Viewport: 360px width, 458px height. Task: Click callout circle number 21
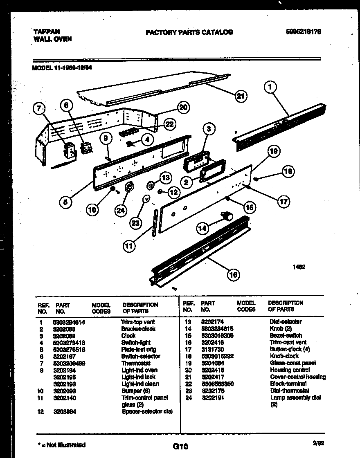241,97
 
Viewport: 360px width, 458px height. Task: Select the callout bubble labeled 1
270,87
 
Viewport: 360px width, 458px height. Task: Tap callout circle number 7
39,109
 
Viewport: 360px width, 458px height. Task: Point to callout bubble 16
233,274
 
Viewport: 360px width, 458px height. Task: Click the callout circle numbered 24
120,210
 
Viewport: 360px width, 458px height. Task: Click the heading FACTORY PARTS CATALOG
189,32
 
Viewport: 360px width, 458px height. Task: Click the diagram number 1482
299,267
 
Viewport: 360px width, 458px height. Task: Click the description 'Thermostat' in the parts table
136,363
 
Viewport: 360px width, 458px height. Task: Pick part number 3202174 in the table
212,322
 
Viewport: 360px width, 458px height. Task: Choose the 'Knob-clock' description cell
284,356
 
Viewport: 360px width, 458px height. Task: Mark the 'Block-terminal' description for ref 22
288,384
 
